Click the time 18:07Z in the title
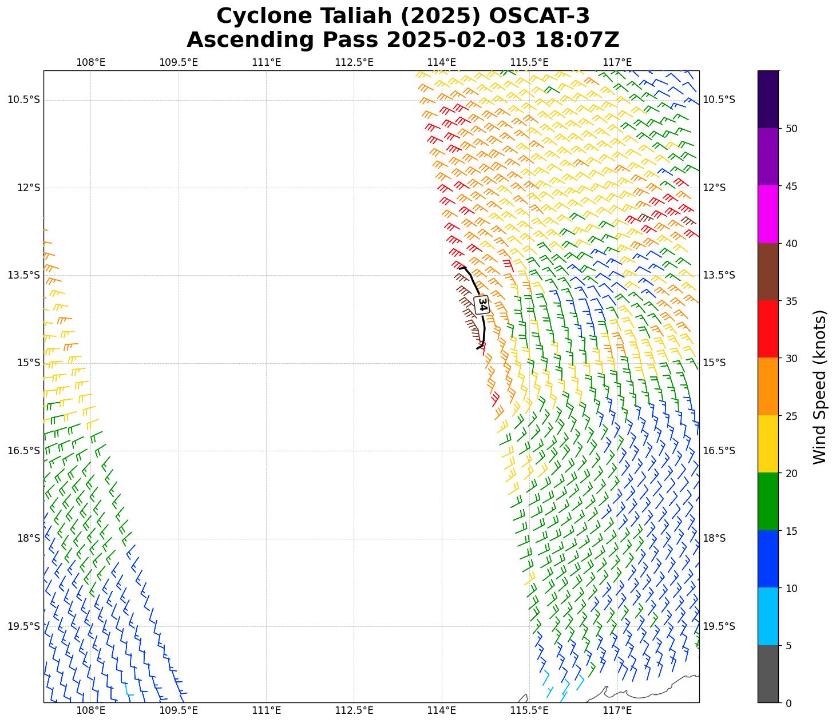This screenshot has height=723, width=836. [x=577, y=40]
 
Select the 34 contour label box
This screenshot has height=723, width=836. [x=482, y=304]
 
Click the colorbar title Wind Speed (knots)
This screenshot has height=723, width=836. [x=819, y=387]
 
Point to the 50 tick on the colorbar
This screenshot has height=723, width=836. [x=791, y=129]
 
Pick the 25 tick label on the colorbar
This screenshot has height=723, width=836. [x=791, y=416]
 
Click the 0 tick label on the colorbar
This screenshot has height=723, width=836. [x=789, y=703]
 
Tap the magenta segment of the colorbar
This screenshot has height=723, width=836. [x=768, y=214]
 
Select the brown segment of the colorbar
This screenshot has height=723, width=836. [x=768, y=272]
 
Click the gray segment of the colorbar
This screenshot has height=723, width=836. [x=768, y=674]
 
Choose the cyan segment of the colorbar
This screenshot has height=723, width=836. [x=768, y=616]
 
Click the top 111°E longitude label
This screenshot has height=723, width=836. [x=266, y=62]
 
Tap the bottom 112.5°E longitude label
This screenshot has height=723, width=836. [x=354, y=711]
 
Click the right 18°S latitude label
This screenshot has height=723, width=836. [x=714, y=538]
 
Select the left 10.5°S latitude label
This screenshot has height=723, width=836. [x=23, y=100]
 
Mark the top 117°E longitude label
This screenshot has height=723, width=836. [x=617, y=62]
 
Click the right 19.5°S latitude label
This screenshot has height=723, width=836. [x=719, y=626]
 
